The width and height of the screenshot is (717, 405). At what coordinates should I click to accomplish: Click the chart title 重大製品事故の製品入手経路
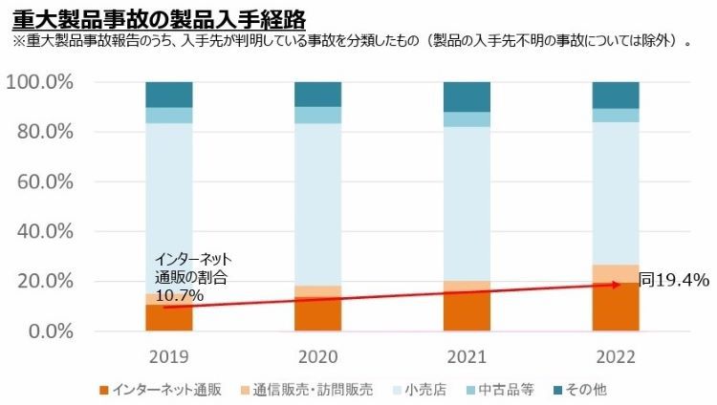[x=159, y=17]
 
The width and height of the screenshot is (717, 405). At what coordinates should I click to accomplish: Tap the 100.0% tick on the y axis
[x=40, y=82]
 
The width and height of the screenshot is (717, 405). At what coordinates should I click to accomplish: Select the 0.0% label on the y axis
[x=49, y=331]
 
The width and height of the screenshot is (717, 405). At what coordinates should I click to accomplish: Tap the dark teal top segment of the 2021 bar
[x=467, y=96]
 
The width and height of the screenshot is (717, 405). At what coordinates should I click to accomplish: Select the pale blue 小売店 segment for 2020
[x=317, y=204]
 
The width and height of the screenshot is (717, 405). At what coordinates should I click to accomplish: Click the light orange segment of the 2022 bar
[x=616, y=273]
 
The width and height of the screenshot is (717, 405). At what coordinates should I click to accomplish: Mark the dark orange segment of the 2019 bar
[x=168, y=319]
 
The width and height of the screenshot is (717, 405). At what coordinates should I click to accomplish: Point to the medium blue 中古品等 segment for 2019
[x=168, y=116]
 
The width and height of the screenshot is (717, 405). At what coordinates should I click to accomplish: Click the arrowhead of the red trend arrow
[x=630, y=284]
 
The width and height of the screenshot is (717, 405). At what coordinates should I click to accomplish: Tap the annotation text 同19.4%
[x=674, y=280]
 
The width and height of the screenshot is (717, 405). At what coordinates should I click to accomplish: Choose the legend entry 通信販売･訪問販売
[x=306, y=390]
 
